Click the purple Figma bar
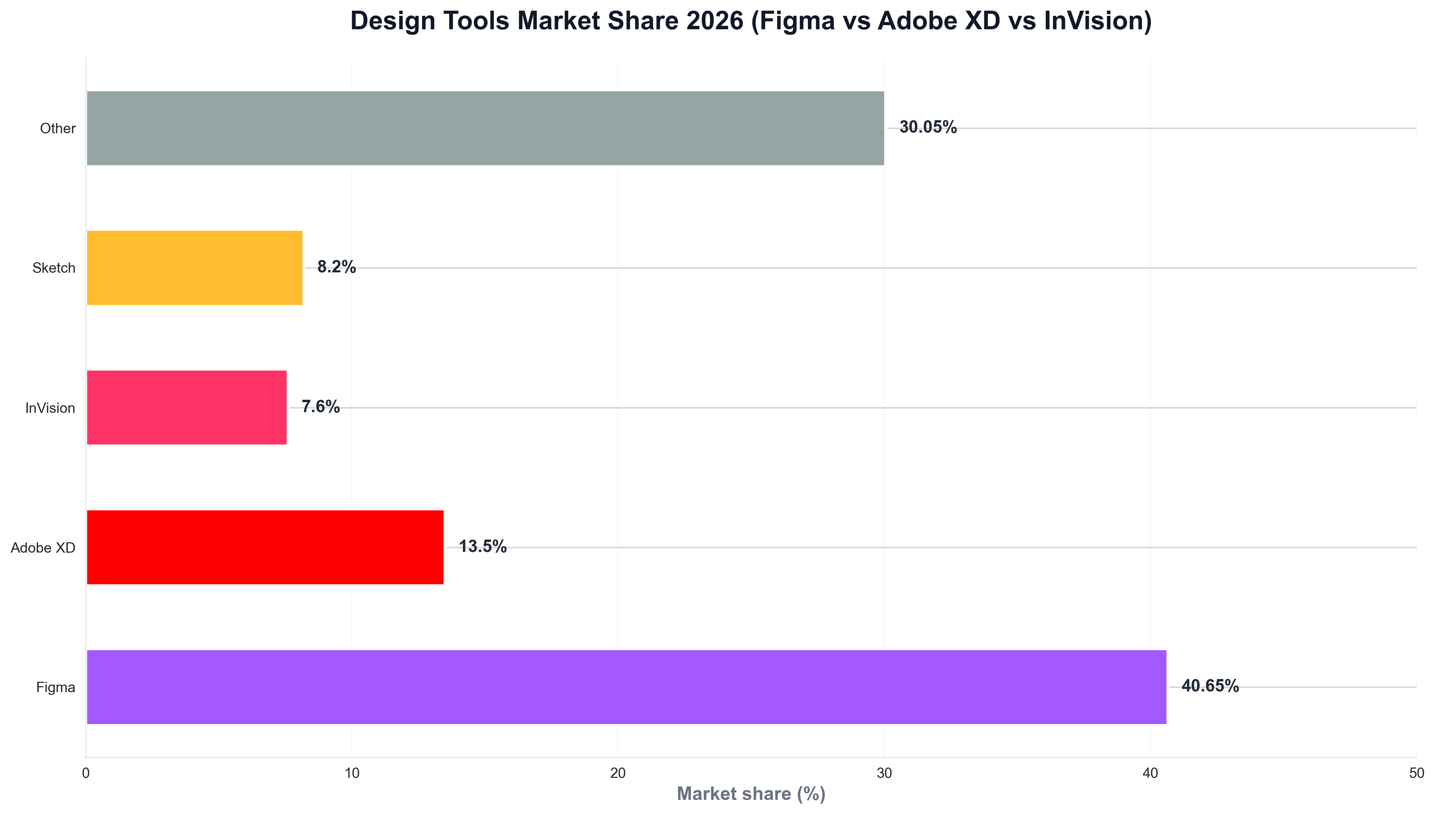coord(626,687)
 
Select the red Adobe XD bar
coord(265,547)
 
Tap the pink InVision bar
coord(187,408)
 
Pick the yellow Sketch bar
coord(194,268)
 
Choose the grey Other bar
coord(485,128)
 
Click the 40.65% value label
coord(1210,686)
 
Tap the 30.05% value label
coord(928,127)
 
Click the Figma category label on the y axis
coord(55,687)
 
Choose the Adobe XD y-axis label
coord(43,548)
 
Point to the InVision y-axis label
coord(50,408)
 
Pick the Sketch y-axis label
coord(54,268)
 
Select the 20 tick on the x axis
coord(618,773)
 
